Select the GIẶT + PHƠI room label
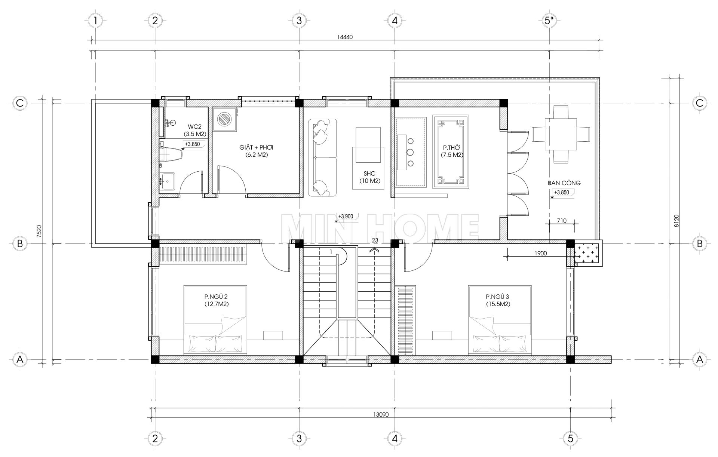click(256, 151)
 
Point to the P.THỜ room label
click(452, 151)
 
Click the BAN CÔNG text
click(564, 183)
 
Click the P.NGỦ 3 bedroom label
click(498, 300)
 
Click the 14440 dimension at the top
click(345, 37)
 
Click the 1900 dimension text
click(540, 253)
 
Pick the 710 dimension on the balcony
click(561, 221)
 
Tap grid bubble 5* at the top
click(549, 21)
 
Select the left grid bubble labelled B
click(20, 244)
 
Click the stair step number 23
click(375, 240)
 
